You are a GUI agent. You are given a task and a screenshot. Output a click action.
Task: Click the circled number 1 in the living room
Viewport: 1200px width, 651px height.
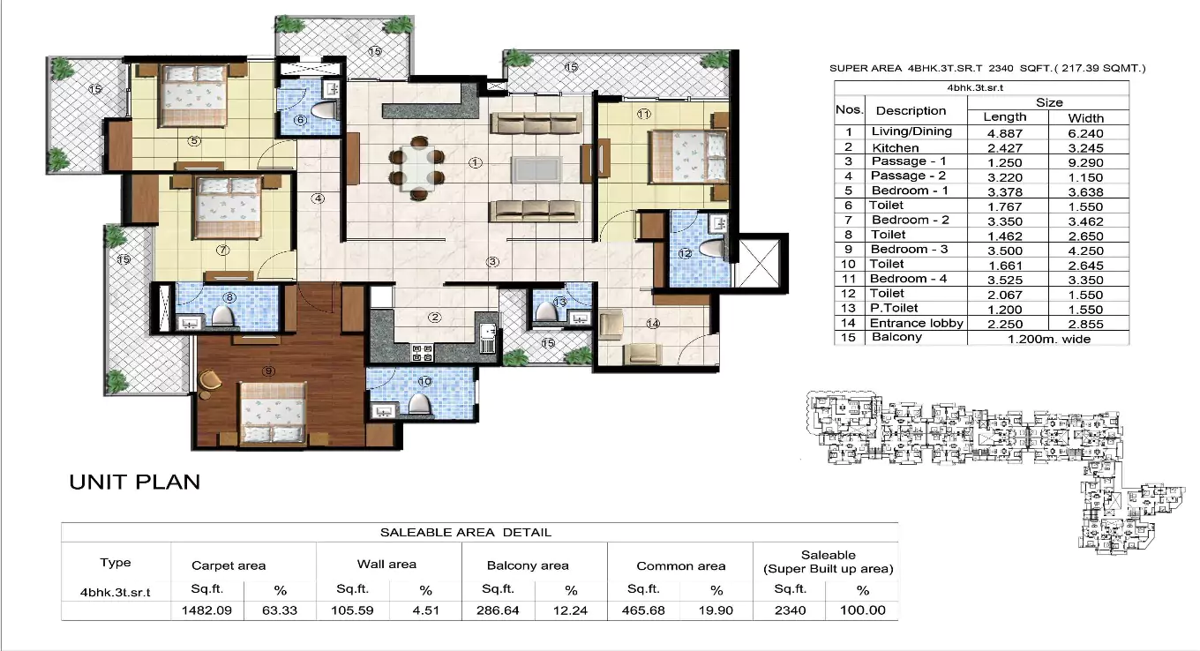coord(476,162)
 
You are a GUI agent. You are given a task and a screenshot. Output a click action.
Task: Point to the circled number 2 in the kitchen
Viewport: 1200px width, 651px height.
coord(434,318)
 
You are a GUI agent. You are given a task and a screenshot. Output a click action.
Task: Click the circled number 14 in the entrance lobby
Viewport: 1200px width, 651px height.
coord(653,324)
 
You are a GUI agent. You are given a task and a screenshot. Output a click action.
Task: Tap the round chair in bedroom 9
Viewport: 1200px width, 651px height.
coord(209,378)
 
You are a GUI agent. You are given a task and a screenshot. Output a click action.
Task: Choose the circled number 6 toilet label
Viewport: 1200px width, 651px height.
coord(300,120)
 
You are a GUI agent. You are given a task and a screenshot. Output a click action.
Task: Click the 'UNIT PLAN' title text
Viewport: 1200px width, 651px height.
coord(135,482)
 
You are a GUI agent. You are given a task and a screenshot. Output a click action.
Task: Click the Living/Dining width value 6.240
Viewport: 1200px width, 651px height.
coord(1085,133)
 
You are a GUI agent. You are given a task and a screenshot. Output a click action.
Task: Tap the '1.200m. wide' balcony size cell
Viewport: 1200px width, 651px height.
coord(1048,338)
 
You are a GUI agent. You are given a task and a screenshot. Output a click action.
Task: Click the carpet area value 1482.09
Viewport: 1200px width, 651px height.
coord(206,610)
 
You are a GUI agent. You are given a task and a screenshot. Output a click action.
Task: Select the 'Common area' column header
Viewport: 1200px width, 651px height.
coord(680,565)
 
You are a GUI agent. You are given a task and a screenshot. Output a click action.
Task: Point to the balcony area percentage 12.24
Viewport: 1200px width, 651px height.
coord(571,610)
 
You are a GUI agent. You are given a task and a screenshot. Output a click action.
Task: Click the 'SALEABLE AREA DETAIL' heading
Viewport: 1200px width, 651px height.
coord(465,532)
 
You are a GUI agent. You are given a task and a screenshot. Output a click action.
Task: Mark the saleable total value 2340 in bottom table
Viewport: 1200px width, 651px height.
coord(789,610)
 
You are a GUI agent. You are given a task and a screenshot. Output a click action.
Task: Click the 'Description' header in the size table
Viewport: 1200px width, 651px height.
coord(911,111)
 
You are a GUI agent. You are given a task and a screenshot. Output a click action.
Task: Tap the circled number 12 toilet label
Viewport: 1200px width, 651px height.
coord(686,253)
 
